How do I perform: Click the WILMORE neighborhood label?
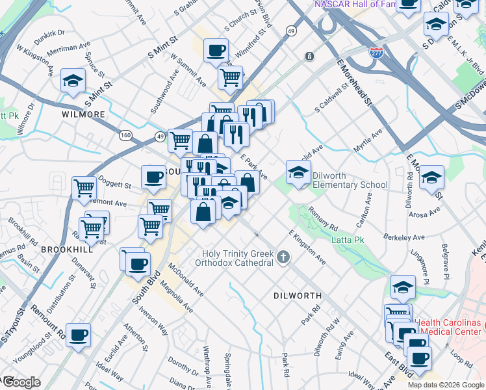click(83, 114)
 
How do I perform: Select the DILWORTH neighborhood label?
click(297, 295)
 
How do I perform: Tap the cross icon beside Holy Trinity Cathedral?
click(283, 257)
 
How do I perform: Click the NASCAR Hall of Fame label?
click(355, 5)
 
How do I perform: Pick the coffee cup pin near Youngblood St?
click(79, 335)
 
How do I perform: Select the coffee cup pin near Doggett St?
click(154, 177)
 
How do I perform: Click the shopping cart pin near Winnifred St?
click(230, 78)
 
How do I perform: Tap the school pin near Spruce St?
click(73, 81)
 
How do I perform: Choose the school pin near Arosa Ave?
click(431, 177)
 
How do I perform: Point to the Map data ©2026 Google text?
click(446, 385)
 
